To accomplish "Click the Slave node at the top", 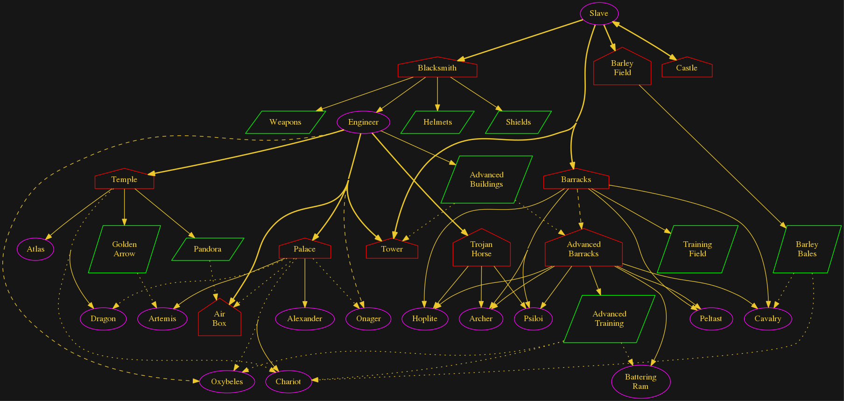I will (599, 14).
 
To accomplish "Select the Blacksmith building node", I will (437, 68).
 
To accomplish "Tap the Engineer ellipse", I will (363, 122).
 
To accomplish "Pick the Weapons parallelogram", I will (285, 122).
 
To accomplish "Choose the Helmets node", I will (437, 122).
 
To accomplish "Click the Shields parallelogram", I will (518, 122).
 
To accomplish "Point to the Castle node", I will (687, 68).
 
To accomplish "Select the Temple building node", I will (124, 180).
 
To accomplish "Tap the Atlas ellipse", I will (35, 249).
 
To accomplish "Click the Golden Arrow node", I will (124, 249).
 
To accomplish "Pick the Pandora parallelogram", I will (208, 249).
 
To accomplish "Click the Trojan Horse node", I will (481, 249).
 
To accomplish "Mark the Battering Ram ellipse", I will (640, 382).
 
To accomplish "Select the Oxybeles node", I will (227, 382).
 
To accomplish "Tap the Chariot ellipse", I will (288, 382).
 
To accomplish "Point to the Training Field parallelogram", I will (697, 249).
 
